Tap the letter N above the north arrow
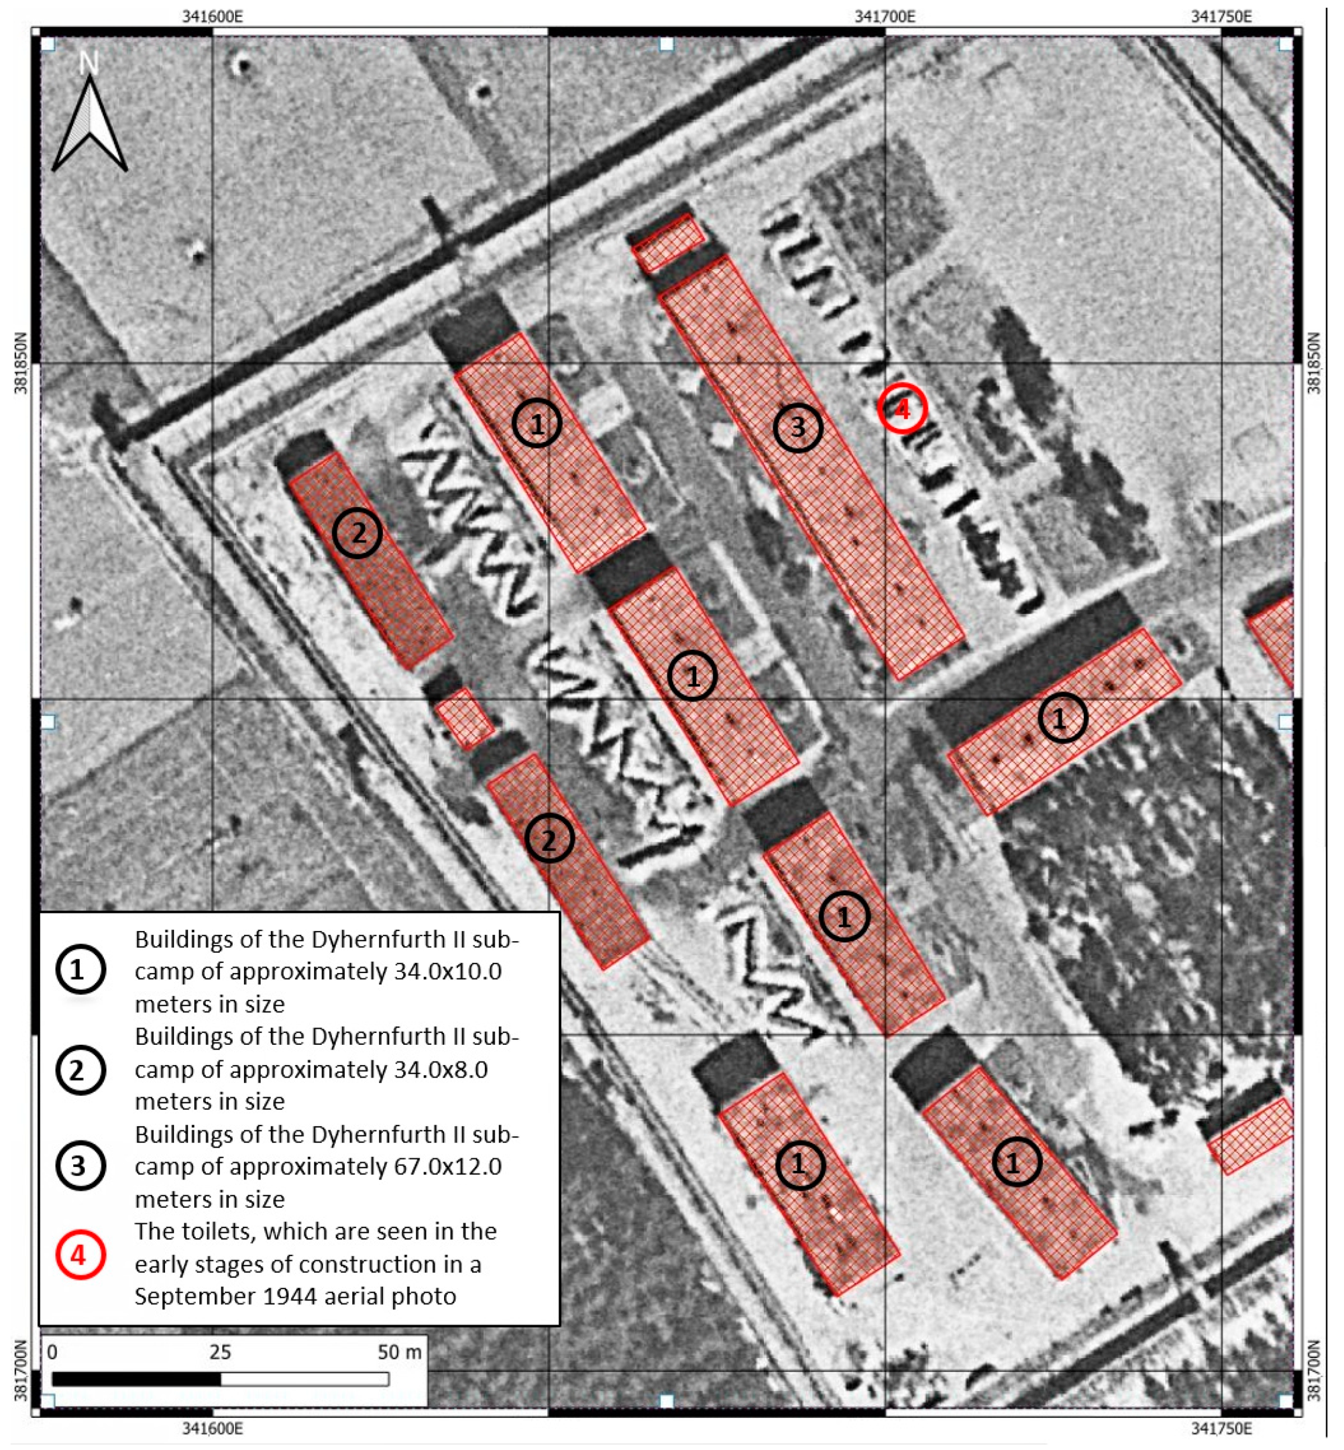(89, 64)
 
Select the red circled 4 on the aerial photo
(902, 409)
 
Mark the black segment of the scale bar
(136, 1379)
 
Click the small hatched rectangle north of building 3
(668, 243)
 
